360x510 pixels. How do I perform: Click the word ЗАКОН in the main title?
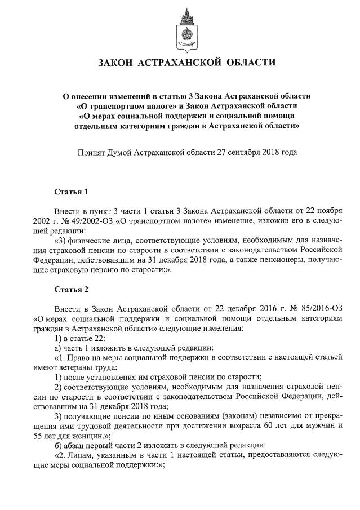click(x=117, y=62)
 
